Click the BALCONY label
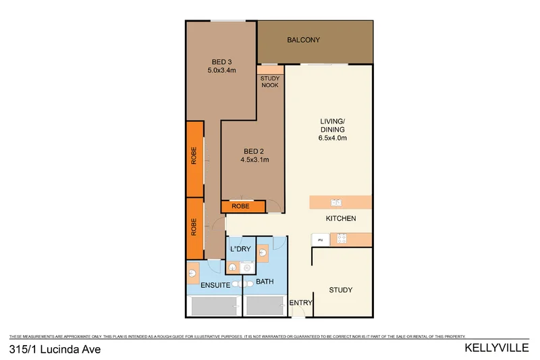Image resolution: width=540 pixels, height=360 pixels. point(303,40)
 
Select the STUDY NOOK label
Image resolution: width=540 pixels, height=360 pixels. point(270,82)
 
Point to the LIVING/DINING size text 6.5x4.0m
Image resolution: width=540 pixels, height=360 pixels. point(332,138)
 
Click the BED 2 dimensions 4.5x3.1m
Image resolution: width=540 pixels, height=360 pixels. point(254,160)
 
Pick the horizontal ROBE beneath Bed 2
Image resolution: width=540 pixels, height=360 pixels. point(239,206)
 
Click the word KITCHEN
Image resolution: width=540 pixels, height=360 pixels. point(340,219)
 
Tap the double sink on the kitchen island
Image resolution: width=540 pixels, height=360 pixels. point(337,202)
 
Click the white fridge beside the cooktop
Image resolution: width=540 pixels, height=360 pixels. point(321,239)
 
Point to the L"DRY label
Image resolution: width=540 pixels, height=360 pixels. point(241,249)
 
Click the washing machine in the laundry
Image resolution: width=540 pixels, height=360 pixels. point(235,267)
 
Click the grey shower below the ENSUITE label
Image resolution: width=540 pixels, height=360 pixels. point(215,307)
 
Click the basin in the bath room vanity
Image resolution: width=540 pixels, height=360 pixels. point(263,253)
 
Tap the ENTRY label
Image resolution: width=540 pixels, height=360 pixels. point(301,303)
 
